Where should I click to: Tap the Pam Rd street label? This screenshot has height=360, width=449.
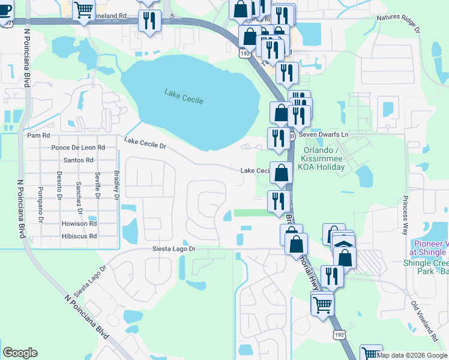coord(38,136)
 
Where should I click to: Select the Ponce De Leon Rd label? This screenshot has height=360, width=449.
coord(78,148)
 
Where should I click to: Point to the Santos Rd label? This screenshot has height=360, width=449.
coord(78,160)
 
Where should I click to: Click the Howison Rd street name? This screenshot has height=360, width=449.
coord(79,223)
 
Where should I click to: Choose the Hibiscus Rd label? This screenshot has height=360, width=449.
coord(79,236)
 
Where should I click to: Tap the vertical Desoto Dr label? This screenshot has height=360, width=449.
coord(59,184)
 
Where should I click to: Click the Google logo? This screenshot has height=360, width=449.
coord(20,353)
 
